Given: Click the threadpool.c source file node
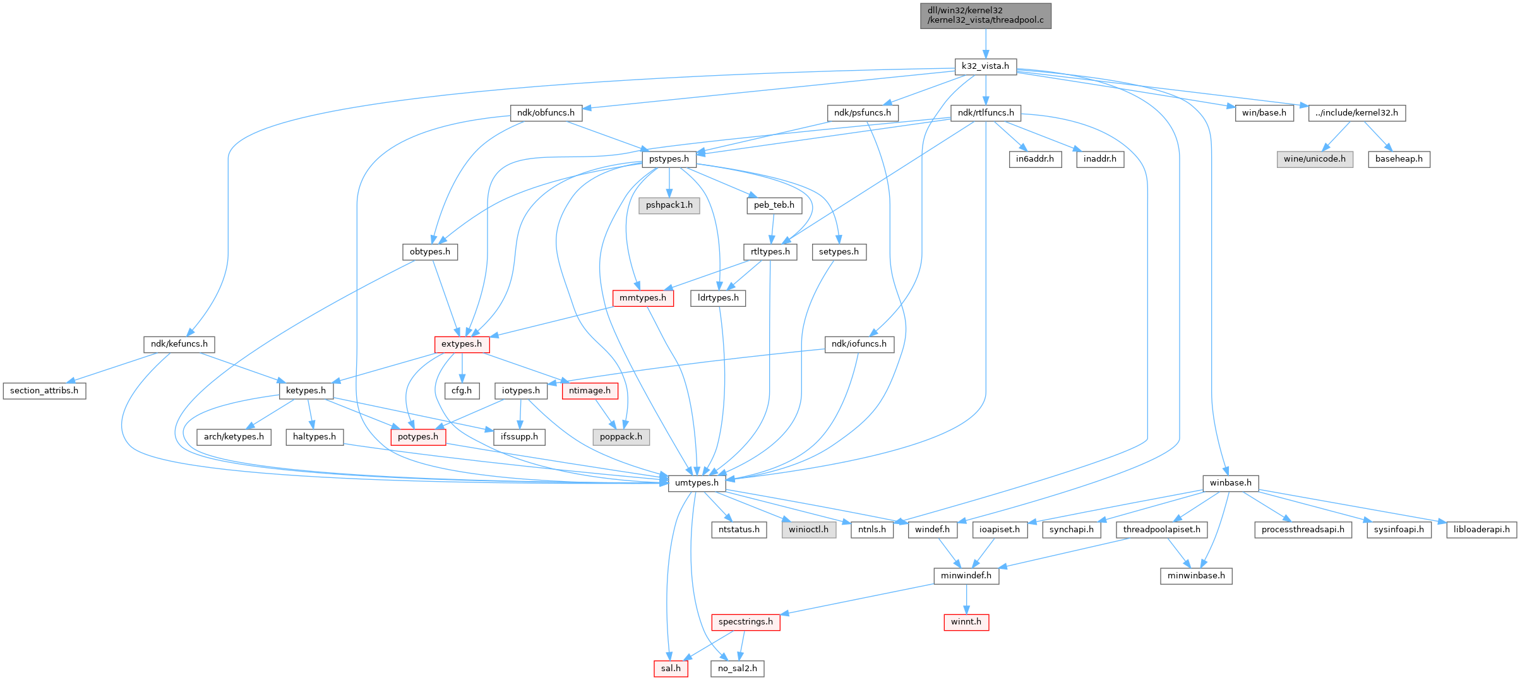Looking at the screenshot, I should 985,15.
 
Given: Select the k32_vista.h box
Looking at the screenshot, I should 985,66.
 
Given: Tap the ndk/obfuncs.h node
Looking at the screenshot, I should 546,113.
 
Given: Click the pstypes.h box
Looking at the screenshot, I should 669,159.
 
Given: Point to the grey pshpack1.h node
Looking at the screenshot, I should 669,205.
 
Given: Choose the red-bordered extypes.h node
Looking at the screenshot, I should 462,344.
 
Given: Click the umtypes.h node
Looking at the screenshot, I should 697,483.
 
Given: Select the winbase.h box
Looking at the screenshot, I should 1230,483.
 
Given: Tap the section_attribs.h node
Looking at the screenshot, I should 44,391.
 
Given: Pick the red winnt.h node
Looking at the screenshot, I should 966,622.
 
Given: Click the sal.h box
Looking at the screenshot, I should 671,668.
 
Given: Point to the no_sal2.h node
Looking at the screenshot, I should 737,668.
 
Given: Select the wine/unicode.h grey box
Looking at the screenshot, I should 1315,159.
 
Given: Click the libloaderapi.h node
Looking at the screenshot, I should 1481,529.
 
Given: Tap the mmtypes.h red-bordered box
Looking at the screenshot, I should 643,298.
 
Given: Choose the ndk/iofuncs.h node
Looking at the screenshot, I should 859,344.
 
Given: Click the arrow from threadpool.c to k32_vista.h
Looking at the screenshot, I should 985,43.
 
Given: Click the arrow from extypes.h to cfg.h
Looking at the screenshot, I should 462,367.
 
